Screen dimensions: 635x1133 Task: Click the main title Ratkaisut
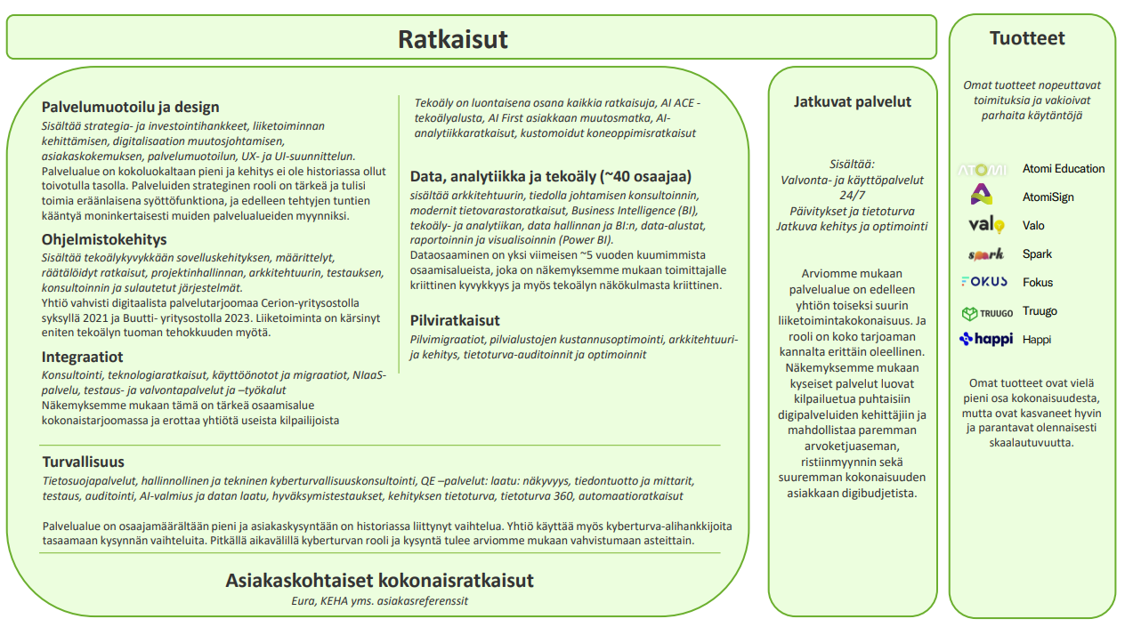tap(452, 40)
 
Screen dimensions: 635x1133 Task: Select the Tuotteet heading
tap(1027, 38)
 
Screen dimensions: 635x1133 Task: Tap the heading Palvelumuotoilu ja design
tap(130, 107)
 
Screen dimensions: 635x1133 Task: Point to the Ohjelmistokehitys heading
tap(104, 239)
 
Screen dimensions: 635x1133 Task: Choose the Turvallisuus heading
tap(84, 462)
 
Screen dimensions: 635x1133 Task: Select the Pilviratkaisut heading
tap(455, 320)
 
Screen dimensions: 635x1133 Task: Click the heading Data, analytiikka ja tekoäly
tap(550, 176)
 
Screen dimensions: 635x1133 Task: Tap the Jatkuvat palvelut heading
tap(852, 101)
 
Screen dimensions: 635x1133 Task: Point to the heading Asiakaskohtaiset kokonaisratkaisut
tap(379, 581)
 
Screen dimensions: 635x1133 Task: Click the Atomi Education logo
tap(982, 169)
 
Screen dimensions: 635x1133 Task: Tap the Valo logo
tap(985, 225)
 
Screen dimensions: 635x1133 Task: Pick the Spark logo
tap(985, 254)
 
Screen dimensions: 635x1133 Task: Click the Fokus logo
tap(983, 282)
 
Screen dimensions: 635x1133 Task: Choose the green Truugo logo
tap(986, 312)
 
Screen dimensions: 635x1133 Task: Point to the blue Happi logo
tap(985, 339)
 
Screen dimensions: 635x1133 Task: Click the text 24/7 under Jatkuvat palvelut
tap(852, 195)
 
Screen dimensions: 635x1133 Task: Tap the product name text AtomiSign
tap(1048, 197)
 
